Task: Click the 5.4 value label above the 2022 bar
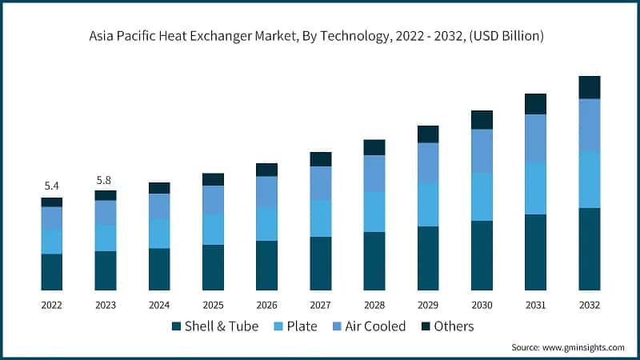coord(52,186)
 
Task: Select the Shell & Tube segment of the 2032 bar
coord(590,249)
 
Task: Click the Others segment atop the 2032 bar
coord(590,87)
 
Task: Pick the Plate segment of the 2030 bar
coord(482,197)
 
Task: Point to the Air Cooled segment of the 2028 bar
coord(374,174)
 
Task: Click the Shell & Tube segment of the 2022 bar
coord(52,272)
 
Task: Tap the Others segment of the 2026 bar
coord(266,170)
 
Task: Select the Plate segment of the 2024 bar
coord(159,234)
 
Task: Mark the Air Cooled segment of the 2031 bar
coord(535,138)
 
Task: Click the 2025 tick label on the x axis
coord(213,305)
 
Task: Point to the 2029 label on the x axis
coord(428,305)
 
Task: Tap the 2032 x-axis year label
coord(590,305)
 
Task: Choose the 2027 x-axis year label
coord(321,305)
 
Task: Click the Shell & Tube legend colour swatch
coord(176,326)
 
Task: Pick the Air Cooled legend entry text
coord(377,326)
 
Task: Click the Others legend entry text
coord(454,326)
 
